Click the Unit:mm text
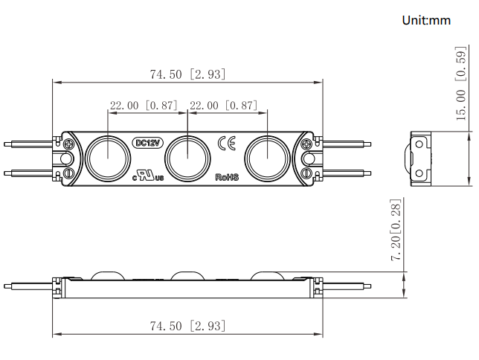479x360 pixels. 426,21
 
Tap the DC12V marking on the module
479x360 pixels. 148,143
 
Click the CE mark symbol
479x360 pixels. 227,143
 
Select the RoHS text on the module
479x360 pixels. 227,177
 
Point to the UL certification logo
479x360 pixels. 148,176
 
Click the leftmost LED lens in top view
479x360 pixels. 108,158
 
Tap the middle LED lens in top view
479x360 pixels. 187,158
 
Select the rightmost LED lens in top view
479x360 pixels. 267,158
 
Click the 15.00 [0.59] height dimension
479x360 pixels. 461,83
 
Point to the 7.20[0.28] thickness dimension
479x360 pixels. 396,229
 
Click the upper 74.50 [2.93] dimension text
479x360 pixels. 187,74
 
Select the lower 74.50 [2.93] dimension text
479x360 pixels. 187,326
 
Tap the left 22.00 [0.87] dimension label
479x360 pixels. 144,106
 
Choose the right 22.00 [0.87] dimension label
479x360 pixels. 224,106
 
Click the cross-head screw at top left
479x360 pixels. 69,144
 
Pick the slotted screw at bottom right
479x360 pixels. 306,173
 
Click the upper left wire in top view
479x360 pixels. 28,144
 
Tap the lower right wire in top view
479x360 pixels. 347,173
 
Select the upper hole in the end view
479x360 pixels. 419,144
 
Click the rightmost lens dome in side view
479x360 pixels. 268,275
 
